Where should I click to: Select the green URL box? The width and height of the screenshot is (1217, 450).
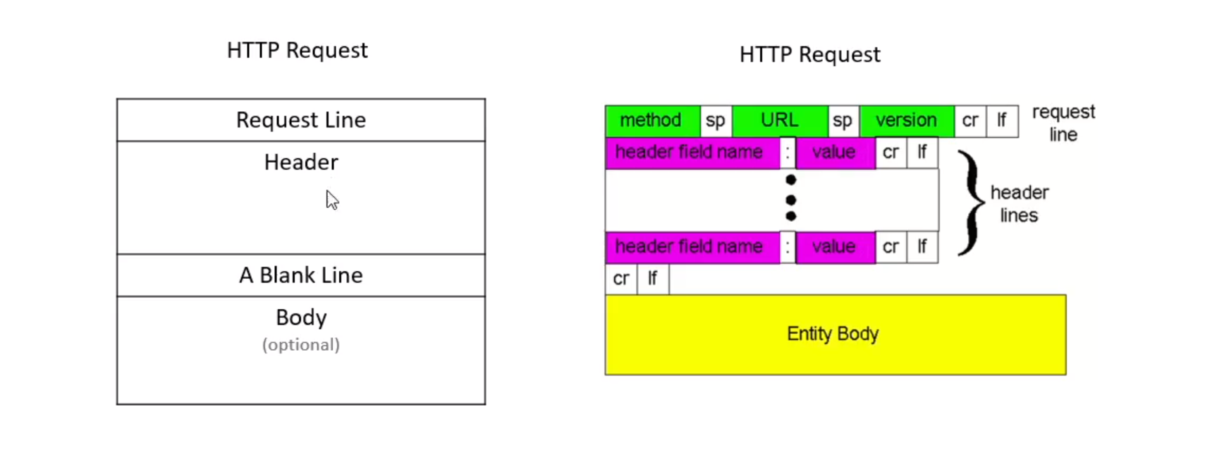pyautogui.click(x=780, y=120)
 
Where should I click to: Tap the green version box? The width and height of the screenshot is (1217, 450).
pyautogui.click(x=907, y=120)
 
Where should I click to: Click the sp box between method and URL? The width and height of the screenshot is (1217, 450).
pyautogui.click(x=716, y=121)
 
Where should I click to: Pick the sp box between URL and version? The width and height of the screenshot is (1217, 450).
pyautogui.click(x=843, y=121)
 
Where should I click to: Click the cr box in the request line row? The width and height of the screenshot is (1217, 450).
pyautogui.click(x=970, y=121)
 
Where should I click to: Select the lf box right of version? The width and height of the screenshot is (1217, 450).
pyautogui.click(x=1002, y=121)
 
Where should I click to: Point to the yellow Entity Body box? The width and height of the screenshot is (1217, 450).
pyautogui.click(x=836, y=335)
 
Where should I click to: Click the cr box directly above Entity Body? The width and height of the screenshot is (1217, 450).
pyautogui.click(x=621, y=279)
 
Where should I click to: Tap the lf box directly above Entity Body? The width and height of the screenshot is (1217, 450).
pyautogui.click(x=653, y=279)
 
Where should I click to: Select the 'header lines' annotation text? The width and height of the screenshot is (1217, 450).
pyautogui.click(x=1020, y=204)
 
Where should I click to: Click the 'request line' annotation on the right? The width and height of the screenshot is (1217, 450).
pyautogui.click(x=1063, y=123)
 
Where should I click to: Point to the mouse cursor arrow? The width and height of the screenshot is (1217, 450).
pyautogui.click(x=332, y=200)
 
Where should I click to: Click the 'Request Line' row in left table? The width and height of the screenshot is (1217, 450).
pyautogui.click(x=301, y=120)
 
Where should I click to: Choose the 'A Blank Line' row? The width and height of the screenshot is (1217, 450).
pyautogui.click(x=301, y=275)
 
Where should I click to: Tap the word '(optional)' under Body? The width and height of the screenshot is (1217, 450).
pyautogui.click(x=301, y=344)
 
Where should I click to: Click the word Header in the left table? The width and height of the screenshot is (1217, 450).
pyautogui.click(x=301, y=163)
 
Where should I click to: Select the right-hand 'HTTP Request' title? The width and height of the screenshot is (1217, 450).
pyautogui.click(x=809, y=55)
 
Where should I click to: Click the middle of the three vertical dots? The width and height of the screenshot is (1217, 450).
pyautogui.click(x=790, y=199)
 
